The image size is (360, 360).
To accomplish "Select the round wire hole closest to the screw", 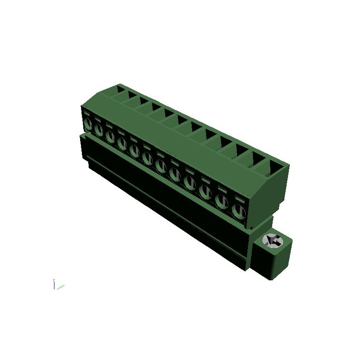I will click(238, 209).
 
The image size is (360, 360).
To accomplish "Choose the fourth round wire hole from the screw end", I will click(190, 183).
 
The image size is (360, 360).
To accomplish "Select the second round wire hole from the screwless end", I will click(99, 130).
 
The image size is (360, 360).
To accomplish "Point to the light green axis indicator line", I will click(60, 286).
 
